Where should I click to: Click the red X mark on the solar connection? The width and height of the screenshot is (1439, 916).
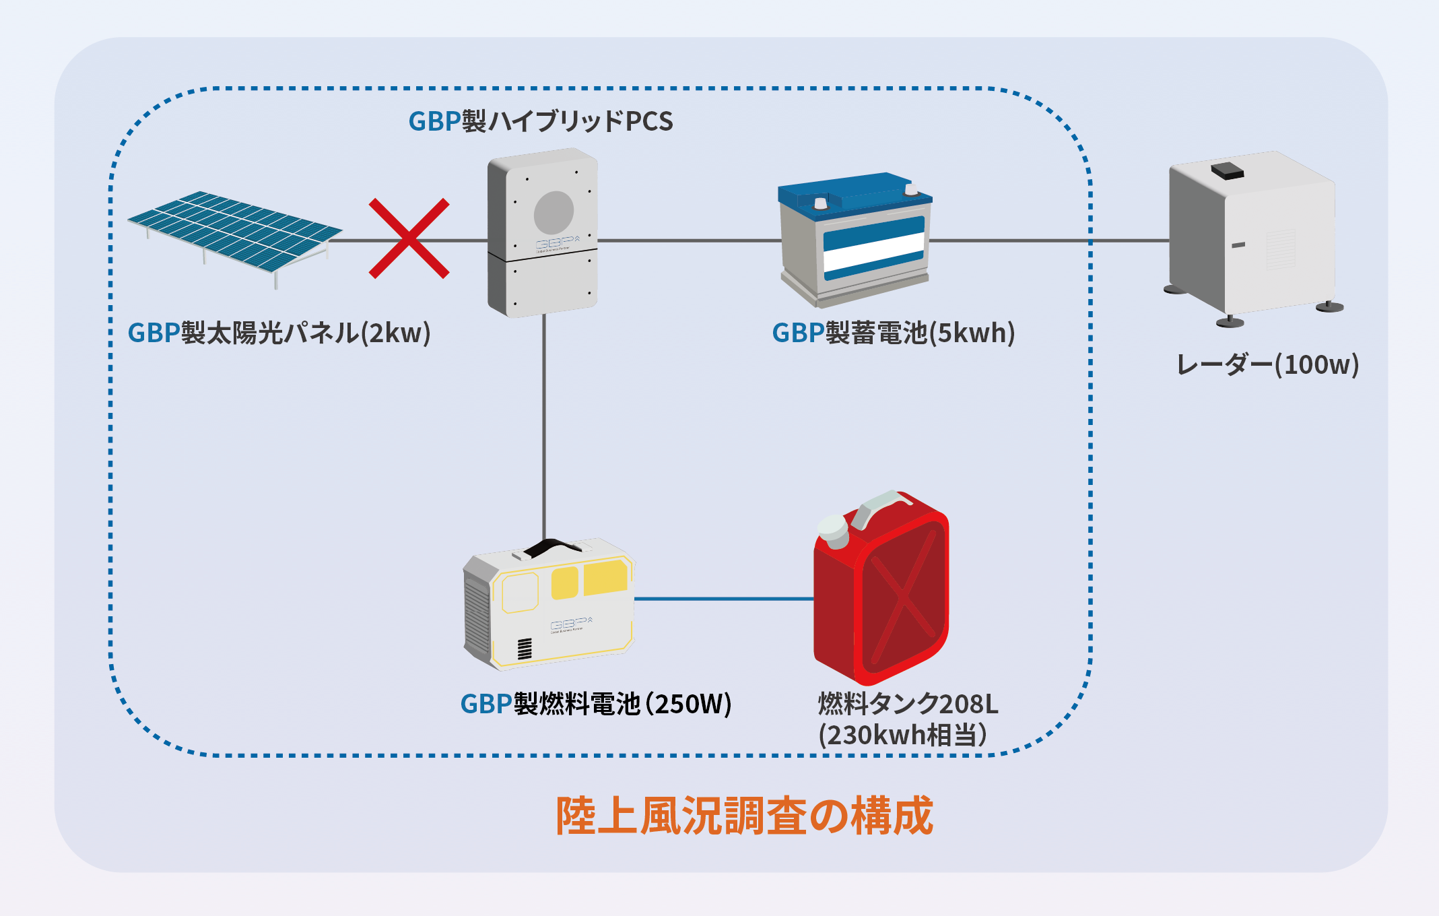[409, 238]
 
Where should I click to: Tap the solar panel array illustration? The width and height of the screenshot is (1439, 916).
[234, 236]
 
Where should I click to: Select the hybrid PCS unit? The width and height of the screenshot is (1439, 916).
[543, 232]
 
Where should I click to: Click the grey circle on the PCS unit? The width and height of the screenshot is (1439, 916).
[554, 212]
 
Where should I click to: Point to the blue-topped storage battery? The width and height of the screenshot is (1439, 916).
[855, 239]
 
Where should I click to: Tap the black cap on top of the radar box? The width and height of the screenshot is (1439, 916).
[1227, 170]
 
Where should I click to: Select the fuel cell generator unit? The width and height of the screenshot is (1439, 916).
[549, 603]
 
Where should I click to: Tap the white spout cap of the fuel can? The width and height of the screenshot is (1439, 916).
[833, 531]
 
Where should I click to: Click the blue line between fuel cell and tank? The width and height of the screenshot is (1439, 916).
[724, 598]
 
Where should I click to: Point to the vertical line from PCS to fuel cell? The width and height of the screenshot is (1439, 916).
[544, 428]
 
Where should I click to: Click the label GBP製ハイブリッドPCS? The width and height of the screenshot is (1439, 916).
[541, 121]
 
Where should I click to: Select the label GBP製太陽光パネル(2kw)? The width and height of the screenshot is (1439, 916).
[279, 333]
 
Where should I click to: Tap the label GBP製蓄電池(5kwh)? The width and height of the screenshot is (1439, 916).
[894, 333]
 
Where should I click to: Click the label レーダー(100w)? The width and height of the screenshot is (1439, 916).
[1268, 364]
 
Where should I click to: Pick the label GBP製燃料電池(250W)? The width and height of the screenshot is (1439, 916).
[596, 704]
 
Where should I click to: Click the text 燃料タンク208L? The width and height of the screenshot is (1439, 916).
[908, 704]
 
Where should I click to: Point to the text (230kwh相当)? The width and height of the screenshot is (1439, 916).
[903, 735]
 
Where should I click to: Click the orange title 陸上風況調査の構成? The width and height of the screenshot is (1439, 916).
[744, 816]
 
